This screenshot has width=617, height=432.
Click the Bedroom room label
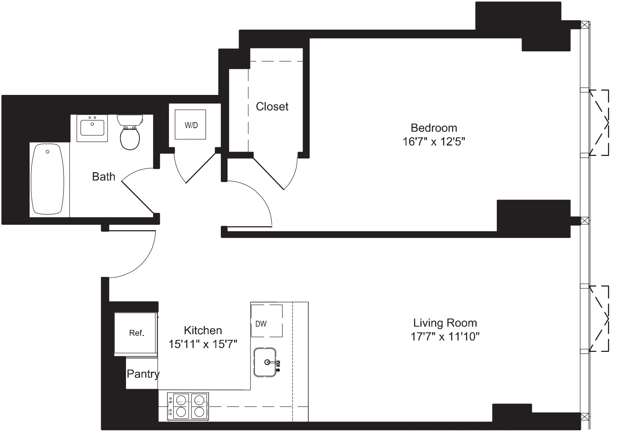pos(434,128)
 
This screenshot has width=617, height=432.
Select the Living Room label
pos(445,323)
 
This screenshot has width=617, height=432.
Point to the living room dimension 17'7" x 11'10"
pos(445,337)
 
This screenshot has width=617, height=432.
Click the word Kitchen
pos(203,330)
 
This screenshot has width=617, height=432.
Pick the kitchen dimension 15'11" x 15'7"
pos(203,344)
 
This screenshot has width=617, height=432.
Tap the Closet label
pos(272,106)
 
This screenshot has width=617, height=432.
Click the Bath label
pos(104,176)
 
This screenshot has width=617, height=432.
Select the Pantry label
pos(143,374)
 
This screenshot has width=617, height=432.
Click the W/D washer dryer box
pos(191,125)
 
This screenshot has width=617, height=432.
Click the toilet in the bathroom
pos(130,133)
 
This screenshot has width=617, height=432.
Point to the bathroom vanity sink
pos(92,128)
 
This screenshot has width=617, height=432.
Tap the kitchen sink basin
pos(265,362)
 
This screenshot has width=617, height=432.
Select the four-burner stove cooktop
pos(188,406)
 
